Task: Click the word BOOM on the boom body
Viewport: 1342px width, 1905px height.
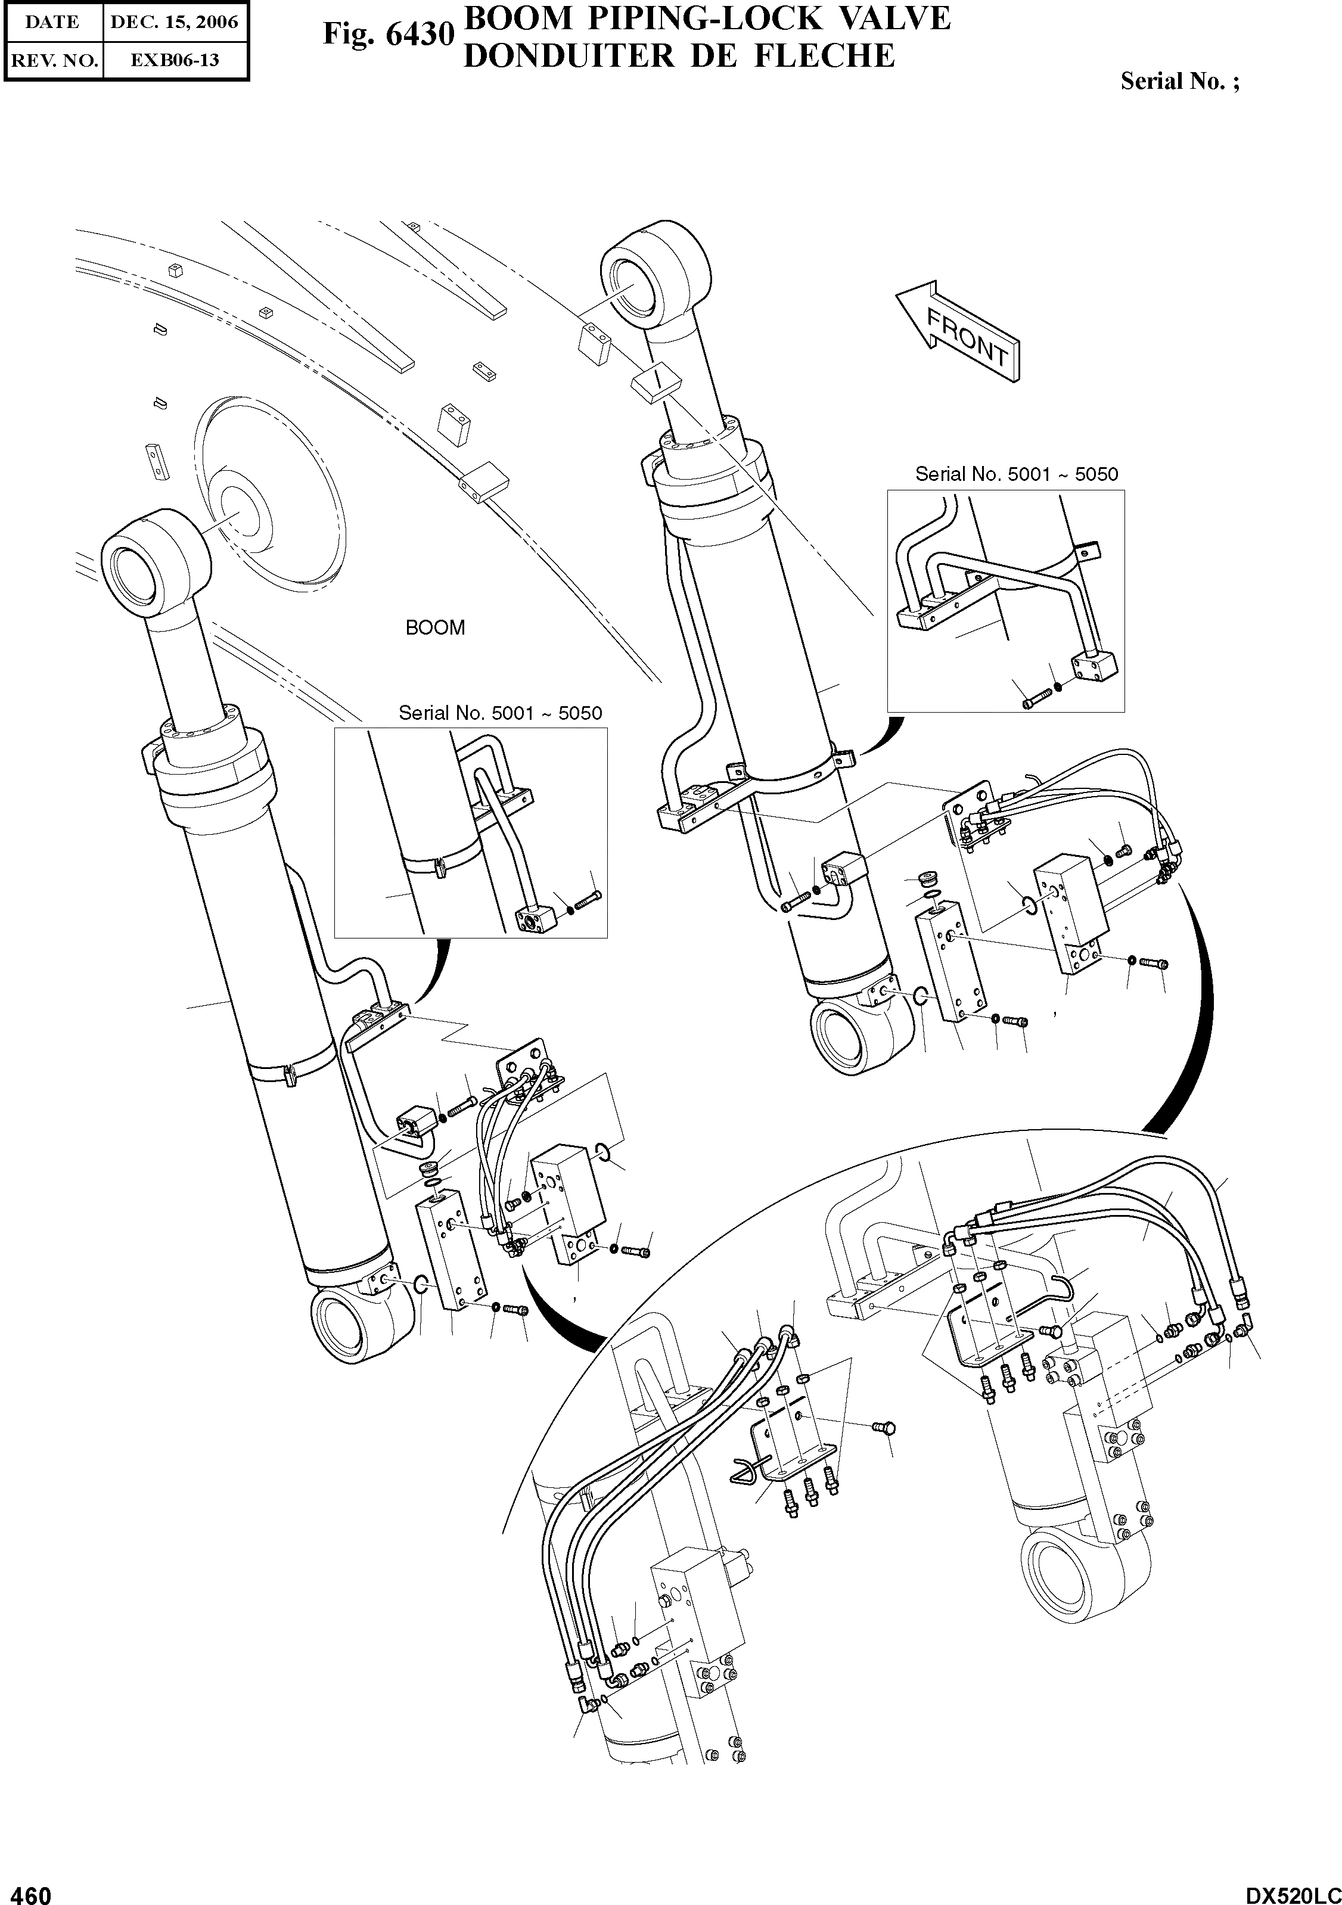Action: (435, 628)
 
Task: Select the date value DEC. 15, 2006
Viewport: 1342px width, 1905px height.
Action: (174, 23)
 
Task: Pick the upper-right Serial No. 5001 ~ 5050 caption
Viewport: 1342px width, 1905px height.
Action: (1017, 474)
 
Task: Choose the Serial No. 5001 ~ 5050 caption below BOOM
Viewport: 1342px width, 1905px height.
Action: (501, 713)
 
